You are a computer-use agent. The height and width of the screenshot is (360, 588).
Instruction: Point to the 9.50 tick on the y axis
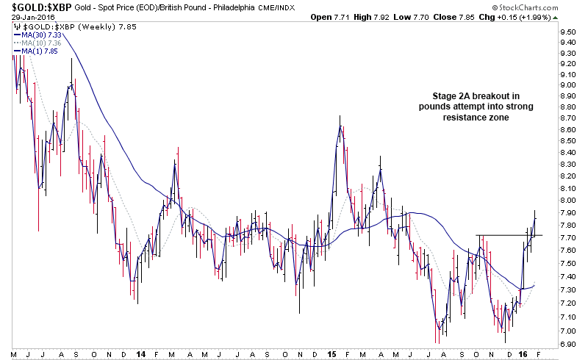(566, 32)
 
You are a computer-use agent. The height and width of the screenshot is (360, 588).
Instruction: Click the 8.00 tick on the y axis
(566, 199)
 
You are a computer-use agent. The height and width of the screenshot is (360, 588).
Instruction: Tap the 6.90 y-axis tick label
(566, 344)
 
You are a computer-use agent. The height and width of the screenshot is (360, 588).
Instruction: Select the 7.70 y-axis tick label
(566, 237)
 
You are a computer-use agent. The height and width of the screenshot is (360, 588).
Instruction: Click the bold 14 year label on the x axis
(140, 353)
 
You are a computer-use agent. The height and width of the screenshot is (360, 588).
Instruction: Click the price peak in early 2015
(340, 118)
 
